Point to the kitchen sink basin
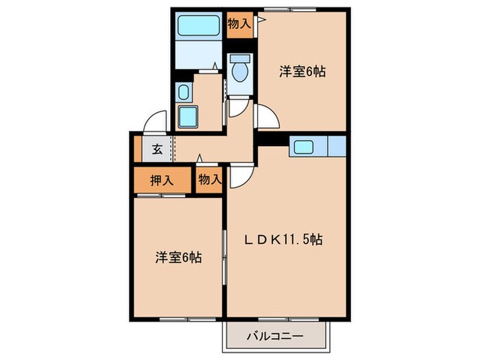(302, 146)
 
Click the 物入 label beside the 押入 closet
(210, 180)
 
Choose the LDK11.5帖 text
(285, 239)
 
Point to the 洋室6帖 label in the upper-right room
(302, 71)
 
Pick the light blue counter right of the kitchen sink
(337, 146)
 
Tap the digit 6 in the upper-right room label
(309, 71)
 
